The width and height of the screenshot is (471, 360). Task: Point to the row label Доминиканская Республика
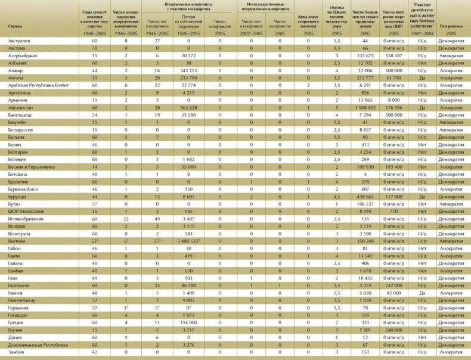coord(35,345)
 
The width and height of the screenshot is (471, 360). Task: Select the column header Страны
coord(15,27)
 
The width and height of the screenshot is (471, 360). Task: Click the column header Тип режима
coord(451,27)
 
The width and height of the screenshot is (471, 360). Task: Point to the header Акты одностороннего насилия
coord(308,21)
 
